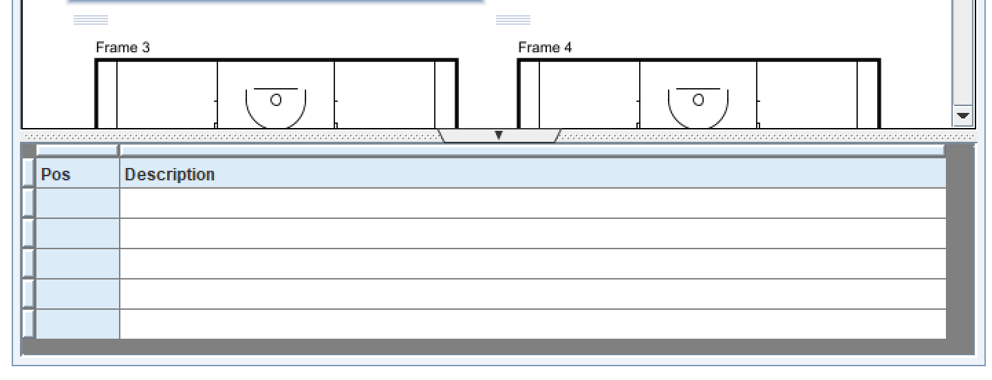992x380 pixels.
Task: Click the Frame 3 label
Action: click(123, 47)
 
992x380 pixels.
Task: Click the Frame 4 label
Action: click(545, 47)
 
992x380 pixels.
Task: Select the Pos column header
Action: click(77, 174)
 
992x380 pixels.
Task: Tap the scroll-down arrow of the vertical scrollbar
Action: click(962, 116)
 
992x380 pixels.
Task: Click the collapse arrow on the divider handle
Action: click(499, 135)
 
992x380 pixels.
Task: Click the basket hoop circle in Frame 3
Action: click(276, 100)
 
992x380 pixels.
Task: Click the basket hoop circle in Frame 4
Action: click(698, 100)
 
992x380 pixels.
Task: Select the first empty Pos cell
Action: click(77, 203)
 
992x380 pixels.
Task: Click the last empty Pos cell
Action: click(77, 324)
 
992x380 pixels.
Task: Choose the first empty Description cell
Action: click(532, 203)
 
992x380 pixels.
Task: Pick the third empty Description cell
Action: click(532, 264)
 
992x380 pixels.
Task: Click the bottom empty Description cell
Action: click(532, 324)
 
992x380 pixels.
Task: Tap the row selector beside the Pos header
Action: click(28, 172)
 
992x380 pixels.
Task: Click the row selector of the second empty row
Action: click(28, 233)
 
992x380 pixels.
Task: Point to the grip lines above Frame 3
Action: click(91, 20)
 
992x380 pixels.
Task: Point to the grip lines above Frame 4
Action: click(513, 20)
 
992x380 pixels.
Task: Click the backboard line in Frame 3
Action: click(276, 89)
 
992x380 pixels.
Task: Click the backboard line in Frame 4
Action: click(698, 89)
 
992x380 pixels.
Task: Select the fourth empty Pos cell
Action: click(77, 294)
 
